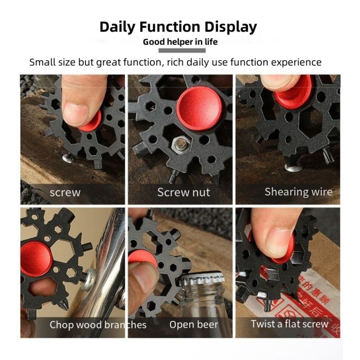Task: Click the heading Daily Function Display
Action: tap(178, 27)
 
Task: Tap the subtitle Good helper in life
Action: tap(180, 42)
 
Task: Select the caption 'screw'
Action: tap(65, 193)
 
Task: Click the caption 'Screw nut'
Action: tap(183, 193)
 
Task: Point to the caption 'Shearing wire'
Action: tap(298, 192)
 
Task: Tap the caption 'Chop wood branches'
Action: tap(98, 325)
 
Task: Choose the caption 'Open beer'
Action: tap(193, 325)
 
